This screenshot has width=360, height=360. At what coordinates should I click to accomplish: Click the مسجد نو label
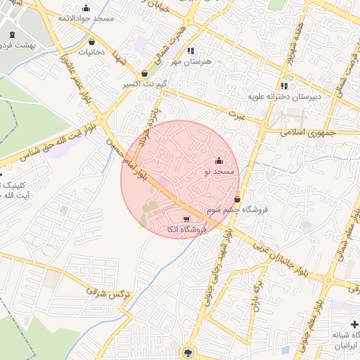click(x=217, y=171)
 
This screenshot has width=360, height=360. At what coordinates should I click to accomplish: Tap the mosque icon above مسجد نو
click(x=218, y=161)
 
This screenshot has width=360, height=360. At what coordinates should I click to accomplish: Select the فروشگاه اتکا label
click(x=185, y=229)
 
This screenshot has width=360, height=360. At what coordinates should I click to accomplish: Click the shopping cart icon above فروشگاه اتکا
click(x=186, y=219)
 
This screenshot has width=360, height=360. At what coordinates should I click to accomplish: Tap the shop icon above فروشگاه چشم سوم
click(x=238, y=200)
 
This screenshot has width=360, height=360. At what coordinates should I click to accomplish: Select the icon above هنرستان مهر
click(x=190, y=51)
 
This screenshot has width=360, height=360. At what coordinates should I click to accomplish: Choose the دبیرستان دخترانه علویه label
click(x=285, y=96)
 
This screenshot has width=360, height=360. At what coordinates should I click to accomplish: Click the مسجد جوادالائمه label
click(x=85, y=18)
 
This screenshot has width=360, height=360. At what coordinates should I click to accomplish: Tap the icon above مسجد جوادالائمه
click(x=86, y=8)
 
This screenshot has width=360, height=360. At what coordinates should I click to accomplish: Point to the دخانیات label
click(x=91, y=52)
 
